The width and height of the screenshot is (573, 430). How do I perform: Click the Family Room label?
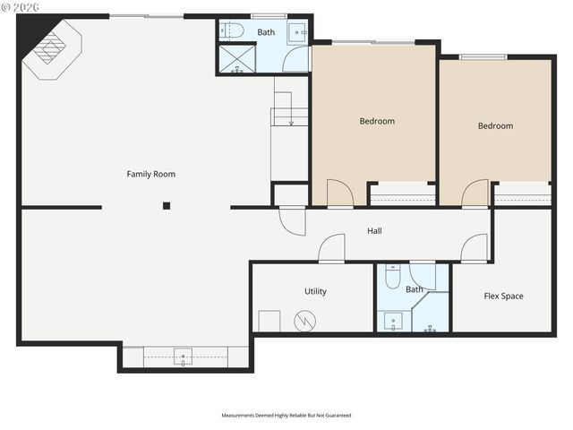150,174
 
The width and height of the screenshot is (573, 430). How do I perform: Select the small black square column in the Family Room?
167,206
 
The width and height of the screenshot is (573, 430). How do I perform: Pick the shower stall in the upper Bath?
235,59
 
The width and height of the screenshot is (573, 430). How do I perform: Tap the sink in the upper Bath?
298,34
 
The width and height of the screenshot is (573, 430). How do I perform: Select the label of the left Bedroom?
377,121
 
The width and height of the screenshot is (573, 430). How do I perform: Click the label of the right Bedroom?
495,125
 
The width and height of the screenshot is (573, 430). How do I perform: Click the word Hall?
375,231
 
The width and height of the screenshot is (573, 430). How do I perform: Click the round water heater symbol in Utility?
307,319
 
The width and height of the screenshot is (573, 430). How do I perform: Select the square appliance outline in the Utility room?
269,321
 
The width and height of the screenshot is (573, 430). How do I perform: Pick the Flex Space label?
503,296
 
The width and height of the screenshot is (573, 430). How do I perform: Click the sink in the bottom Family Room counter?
184,357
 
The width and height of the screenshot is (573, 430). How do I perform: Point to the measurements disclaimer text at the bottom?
286,416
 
